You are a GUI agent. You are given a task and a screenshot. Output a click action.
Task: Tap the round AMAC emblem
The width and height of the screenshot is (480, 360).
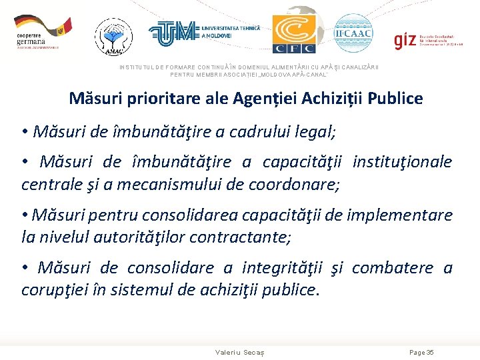pos(113,35)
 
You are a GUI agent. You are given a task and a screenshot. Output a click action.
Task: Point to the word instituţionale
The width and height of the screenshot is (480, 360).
pos(402,162)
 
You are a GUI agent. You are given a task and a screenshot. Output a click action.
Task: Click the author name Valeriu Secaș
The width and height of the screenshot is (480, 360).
pos(240,352)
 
